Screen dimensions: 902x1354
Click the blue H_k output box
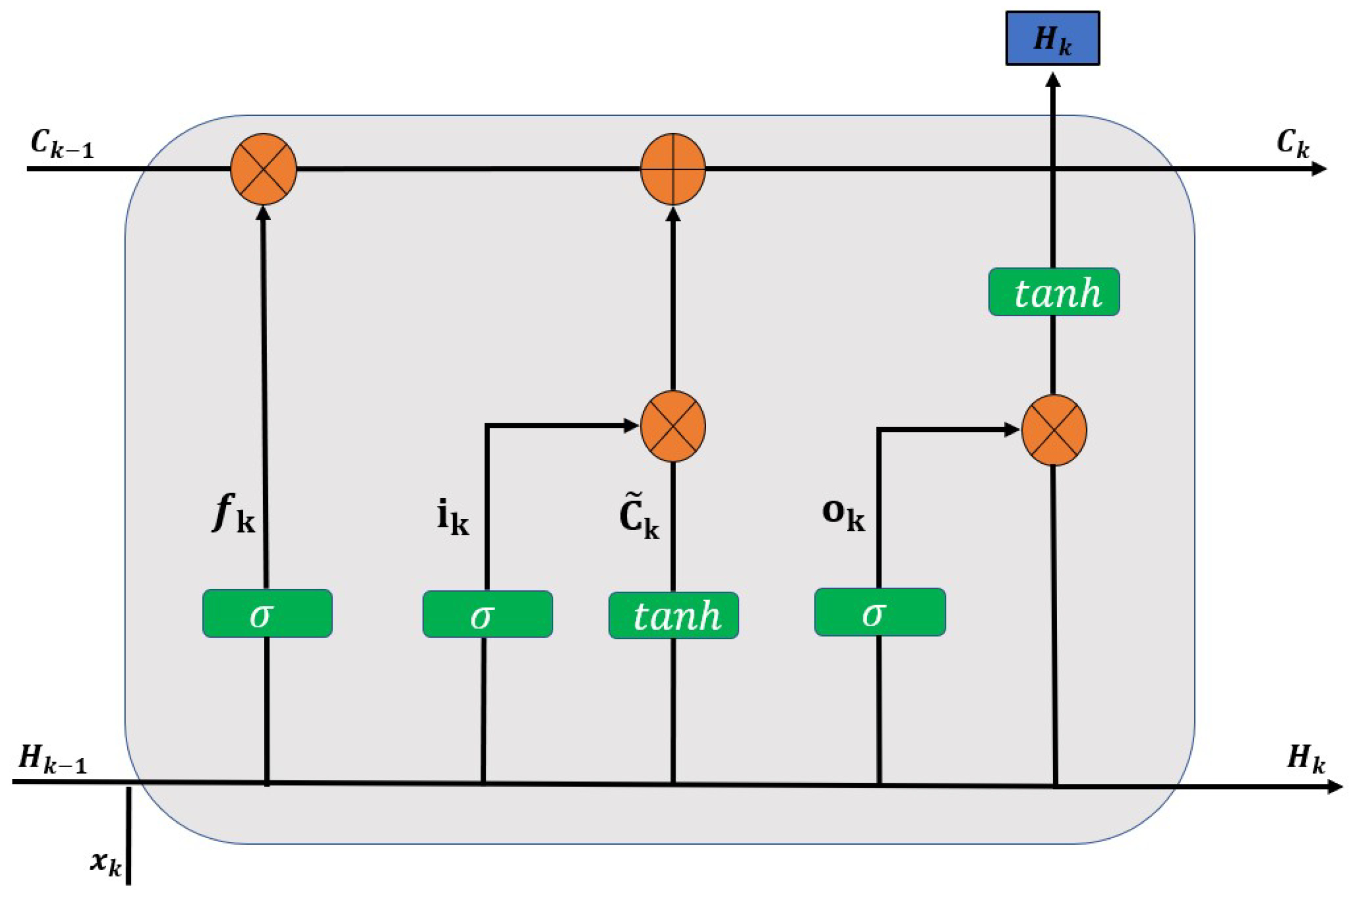[x=1053, y=38]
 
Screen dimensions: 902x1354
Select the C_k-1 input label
[x=62, y=144]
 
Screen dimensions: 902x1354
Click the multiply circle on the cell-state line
[x=263, y=169]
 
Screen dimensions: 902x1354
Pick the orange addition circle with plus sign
[x=673, y=169]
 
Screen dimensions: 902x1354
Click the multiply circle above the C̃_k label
[x=673, y=426]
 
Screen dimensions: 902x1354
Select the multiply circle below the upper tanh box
[x=1054, y=430]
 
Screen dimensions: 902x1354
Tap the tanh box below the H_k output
[x=1054, y=292]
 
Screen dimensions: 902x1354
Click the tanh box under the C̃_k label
[x=673, y=616]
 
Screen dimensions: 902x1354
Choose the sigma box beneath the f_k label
[x=267, y=613]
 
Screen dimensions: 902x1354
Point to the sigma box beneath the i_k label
[x=487, y=615]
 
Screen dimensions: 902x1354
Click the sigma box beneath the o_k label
[x=880, y=612]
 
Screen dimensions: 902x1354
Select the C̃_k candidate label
[x=639, y=519]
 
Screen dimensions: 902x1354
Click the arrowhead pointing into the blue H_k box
[x=1053, y=80]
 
